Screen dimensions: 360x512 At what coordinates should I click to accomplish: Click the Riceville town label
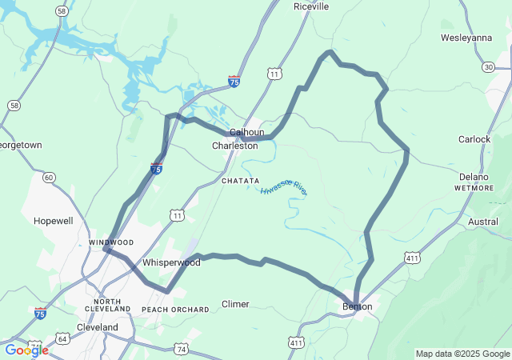(311, 6)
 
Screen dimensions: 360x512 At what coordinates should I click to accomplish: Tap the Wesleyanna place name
(466, 38)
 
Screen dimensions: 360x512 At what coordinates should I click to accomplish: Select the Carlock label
(474, 139)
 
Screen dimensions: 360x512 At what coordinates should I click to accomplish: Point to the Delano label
(474, 177)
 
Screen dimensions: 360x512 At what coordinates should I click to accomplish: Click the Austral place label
(482, 222)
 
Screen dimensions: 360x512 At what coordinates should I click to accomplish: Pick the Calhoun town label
(246, 133)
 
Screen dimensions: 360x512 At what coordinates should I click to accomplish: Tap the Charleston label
(234, 146)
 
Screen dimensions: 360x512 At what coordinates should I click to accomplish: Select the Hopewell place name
(53, 220)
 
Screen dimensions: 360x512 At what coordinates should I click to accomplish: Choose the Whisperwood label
(171, 262)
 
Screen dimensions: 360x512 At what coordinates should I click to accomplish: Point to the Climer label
(235, 304)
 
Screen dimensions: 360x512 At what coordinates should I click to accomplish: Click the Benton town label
(357, 306)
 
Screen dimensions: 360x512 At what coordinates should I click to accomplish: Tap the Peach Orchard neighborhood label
(175, 309)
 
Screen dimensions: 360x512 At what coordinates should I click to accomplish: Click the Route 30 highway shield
(488, 66)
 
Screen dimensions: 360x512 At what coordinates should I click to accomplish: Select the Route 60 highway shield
(49, 177)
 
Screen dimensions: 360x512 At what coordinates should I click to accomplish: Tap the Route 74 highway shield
(182, 350)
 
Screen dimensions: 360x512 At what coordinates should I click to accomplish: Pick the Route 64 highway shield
(63, 339)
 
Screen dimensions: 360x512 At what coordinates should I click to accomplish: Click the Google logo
(26, 350)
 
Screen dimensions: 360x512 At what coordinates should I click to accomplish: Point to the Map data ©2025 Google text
(462, 354)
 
